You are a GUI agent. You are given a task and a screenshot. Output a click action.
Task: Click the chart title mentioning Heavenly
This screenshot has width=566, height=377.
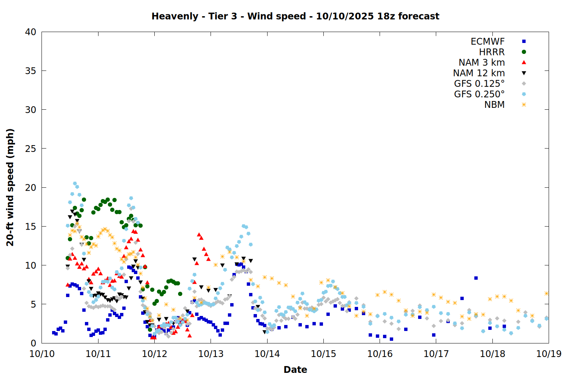coord(295,16)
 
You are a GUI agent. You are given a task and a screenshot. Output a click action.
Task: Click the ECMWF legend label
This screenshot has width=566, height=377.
coord(488,41)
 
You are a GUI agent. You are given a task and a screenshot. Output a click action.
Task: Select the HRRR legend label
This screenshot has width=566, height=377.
coord(492,52)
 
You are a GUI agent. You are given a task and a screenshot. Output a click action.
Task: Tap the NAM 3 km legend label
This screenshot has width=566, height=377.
coord(481,63)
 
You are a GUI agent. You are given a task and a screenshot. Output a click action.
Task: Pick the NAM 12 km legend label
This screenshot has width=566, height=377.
coord(479,73)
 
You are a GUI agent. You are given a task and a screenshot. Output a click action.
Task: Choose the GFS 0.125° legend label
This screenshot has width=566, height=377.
coord(479,84)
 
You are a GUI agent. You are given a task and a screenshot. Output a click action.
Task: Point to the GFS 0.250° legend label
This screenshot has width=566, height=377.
coord(479,94)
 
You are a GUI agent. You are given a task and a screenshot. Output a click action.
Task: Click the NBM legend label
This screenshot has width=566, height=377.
coord(494,105)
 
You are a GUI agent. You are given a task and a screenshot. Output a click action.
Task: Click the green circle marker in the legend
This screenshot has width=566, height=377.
coord(524,52)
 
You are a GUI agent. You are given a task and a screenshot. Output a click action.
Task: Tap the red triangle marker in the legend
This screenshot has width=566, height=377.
coord(524,63)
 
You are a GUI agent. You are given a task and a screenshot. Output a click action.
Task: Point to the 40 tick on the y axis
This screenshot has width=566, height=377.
coord(31,32)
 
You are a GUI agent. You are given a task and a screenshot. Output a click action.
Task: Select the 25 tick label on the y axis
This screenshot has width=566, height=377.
coord(31,149)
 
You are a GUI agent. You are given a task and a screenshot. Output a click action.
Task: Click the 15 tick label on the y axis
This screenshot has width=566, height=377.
coord(31,227)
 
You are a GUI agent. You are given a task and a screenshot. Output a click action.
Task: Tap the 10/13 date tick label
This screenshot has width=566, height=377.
coord(211,354)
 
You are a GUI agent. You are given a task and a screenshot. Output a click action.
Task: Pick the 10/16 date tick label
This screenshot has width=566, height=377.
coord(380,354)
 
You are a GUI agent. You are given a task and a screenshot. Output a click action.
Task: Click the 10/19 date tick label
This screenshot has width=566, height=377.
coord(549,354)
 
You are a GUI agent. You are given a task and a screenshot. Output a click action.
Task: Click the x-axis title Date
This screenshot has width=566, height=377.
coord(295,369)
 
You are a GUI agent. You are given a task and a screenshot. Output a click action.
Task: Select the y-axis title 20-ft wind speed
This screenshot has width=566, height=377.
coord(10,187)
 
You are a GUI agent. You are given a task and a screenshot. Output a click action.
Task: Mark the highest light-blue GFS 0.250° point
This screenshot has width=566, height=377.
coord(75,184)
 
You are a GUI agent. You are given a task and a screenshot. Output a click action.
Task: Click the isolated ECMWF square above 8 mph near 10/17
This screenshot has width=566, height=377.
coord(476,278)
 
